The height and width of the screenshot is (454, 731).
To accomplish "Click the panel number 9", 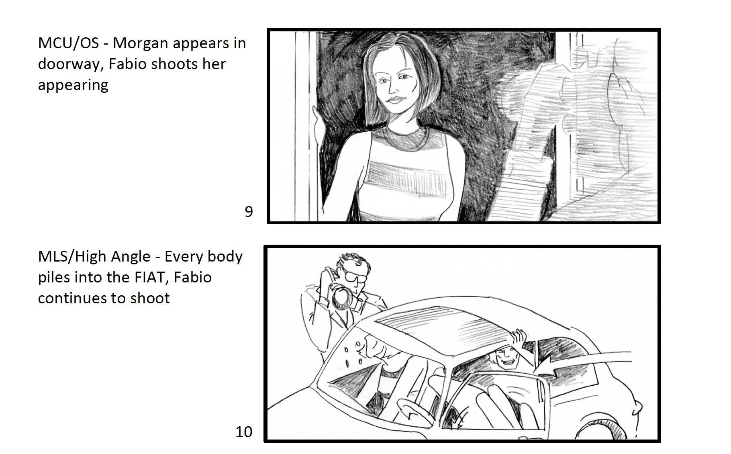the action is pos(249,212).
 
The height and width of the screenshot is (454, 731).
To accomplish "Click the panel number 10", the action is pos(244,432).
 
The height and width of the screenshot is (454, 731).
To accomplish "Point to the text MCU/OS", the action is pos(68,43).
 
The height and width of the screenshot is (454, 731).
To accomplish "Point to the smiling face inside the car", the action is pos(506,359).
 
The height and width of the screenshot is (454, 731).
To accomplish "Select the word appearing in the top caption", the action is pos(73,86).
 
